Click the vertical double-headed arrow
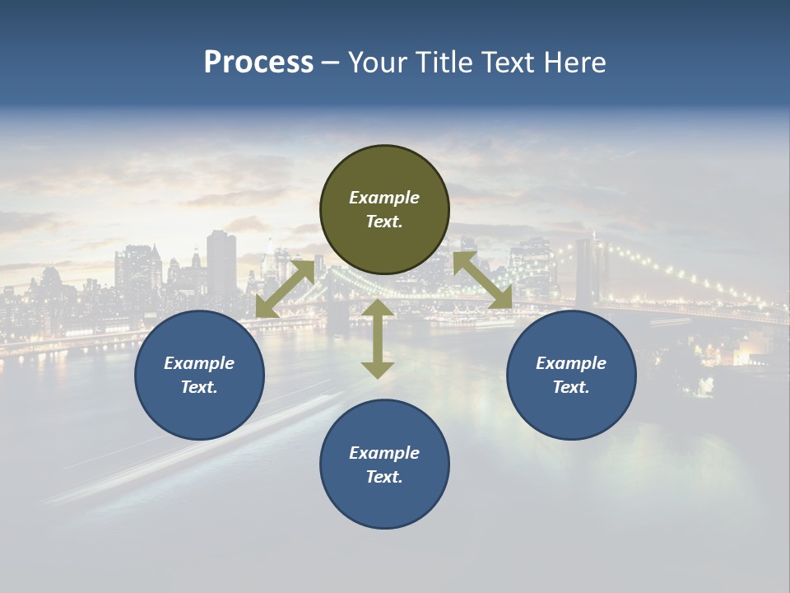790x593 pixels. tap(378, 339)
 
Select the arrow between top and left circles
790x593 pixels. tap(285, 288)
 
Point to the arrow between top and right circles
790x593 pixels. tap(483, 281)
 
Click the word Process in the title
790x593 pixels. tap(258, 63)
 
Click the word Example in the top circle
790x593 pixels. tap(384, 198)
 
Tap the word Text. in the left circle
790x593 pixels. tap(199, 387)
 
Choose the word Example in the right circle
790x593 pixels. tap(571, 363)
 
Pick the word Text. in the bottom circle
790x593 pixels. tap(384, 477)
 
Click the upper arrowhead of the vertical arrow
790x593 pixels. tap(378, 309)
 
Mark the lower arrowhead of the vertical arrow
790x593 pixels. tap(378, 369)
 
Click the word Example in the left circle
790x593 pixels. tap(199, 363)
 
